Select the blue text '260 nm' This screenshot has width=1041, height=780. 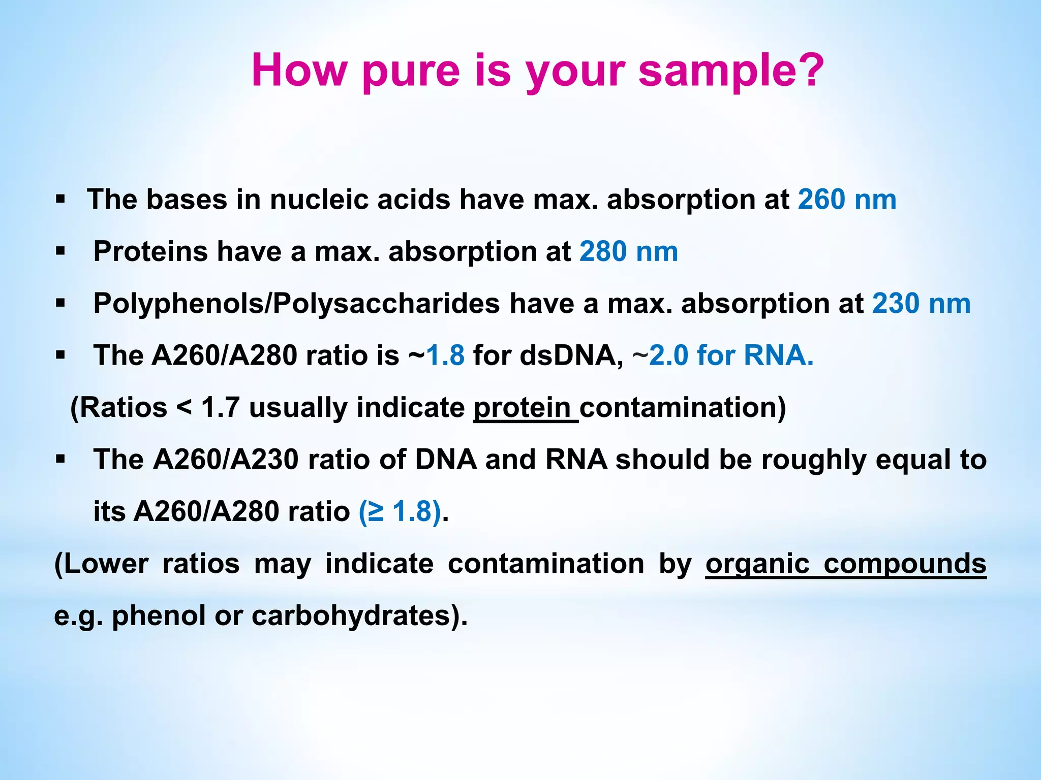coord(847,199)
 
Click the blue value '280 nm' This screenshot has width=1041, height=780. coord(628,251)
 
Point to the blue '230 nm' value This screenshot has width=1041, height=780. coord(921,304)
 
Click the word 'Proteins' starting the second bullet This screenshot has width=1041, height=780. coord(150,251)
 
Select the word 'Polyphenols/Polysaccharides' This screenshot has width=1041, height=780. coord(296,304)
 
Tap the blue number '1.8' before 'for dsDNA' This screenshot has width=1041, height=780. coord(446,355)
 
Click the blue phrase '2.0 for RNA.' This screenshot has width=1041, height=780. coord(731,355)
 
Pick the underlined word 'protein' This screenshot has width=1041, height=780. coord(522,407)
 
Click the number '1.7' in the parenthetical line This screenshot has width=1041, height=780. coord(220,407)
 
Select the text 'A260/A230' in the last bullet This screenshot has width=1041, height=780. coord(226,460)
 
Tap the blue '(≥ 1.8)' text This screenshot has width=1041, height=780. coord(400,511)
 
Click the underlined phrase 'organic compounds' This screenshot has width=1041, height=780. coord(845,564)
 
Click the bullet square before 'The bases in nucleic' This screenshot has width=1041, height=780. coord(60,199)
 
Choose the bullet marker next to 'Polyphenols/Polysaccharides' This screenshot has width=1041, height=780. coord(60,304)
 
